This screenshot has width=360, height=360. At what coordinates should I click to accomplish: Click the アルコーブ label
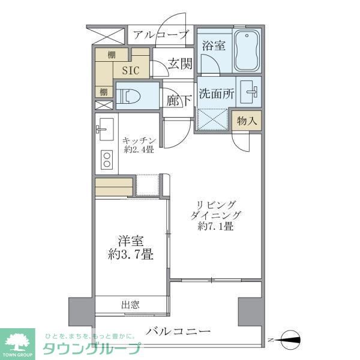(x=161, y=34)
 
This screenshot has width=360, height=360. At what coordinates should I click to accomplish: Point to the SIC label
(x=130, y=70)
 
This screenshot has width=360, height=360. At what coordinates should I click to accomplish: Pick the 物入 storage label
(x=247, y=120)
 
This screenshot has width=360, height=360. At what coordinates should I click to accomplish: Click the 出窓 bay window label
(x=130, y=305)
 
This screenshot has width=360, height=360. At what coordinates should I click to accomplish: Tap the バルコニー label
(x=178, y=331)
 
